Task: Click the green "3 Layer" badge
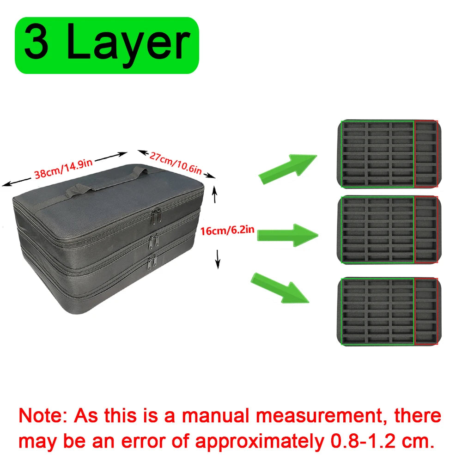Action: pos(107,45)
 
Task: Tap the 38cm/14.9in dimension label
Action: pos(63,169)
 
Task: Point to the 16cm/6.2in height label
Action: pos(227,230)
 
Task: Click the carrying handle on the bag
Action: pos(106,182)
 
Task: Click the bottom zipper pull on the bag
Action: pos(152,263)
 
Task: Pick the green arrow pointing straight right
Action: pos(287,235)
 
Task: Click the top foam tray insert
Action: pos(389,154)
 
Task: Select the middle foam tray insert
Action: pos(389,230)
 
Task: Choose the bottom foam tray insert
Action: pos(389,311)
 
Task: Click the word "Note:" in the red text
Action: pos(43,416)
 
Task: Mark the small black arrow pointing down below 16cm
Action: pos(218,259)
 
